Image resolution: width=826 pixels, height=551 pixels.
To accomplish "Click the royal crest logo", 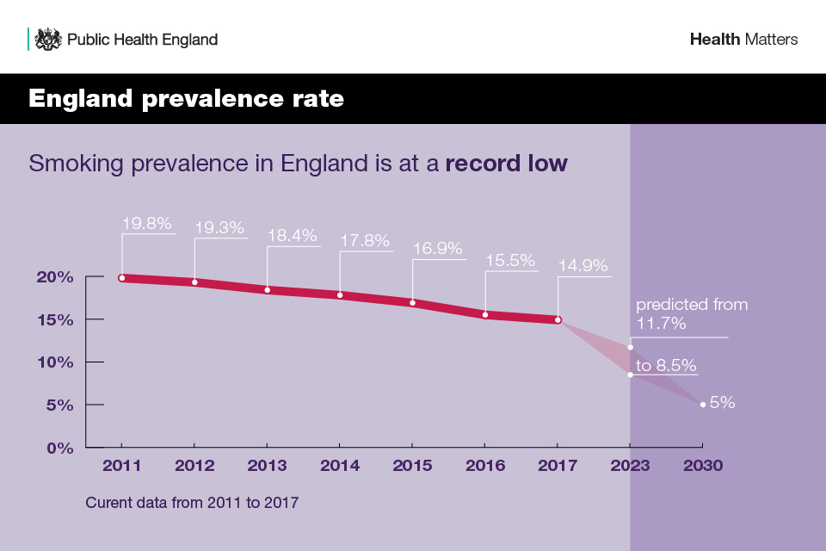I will pos(48,40).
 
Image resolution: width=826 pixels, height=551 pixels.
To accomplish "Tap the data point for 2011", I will pos(122,278).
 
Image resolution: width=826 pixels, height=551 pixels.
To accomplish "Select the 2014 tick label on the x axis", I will pos(339,467).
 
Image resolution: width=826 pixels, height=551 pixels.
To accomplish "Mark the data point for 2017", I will pos(558,320).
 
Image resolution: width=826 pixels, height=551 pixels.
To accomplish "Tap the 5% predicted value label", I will pos(723,402).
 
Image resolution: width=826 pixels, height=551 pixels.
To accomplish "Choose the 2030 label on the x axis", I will pos(703,467).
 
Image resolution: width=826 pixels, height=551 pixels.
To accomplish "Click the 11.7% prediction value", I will pos(661,325).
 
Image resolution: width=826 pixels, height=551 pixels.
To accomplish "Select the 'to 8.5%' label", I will pos(666,365).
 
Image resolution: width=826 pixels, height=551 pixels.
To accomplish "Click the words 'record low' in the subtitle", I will pos(506,164).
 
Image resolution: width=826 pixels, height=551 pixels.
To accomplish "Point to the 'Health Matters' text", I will pos(743,40).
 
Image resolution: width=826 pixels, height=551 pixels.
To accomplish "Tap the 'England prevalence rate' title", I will pos(186,99).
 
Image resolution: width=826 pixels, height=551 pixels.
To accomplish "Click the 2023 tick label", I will pos(630,467).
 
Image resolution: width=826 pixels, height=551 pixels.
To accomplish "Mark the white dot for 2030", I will pos(703,405).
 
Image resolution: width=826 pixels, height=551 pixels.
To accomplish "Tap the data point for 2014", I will pos(340,295).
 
